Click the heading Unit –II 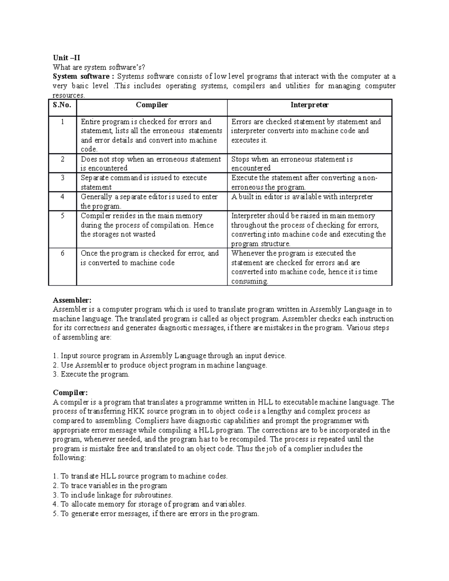coord(66,58)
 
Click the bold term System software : coord(83,76)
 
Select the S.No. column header coord(62,105)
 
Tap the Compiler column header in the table coord(152,105)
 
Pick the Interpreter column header coord(309,105)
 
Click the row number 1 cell coord(62,122)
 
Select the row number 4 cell coord(62,197)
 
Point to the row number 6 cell coord(62,253)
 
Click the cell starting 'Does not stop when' coord(151,163)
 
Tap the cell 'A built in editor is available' coord(302,197)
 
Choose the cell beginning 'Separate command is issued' coord(144,182)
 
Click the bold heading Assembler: coord(72,300)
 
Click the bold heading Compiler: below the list coord(70,393)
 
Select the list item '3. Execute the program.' coord(91,374)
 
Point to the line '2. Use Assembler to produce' coord(160,365)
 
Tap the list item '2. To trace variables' coord(110,486)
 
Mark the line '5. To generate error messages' coord(156,514)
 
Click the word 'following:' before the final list coord(70,458)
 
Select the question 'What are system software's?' coord(98,67)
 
